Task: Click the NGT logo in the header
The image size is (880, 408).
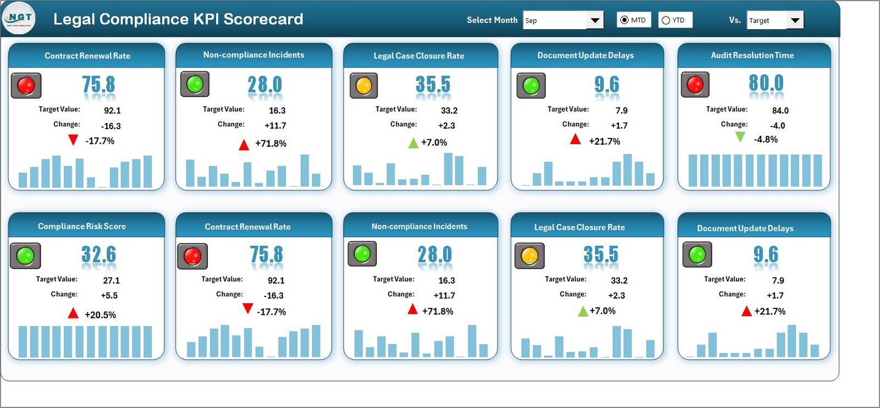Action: pyautogui.click(x=19, y=18)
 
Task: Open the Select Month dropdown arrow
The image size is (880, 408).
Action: pyautogui.click(x=595, y=20)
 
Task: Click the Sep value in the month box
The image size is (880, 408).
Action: pyautogui.click(x=531, y=21)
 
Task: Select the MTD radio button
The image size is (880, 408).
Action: pyautogui.click(x=624, y=20)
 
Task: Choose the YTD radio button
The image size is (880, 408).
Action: pyautogui.click(x=666, y=20)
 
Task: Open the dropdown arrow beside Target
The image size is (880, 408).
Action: pyautogui.click(x=795, y=20)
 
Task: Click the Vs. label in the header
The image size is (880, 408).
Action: pyautogui.click(x=734, y=20)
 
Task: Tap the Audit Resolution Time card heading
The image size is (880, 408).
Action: pyautogui.click(x=752, y=56)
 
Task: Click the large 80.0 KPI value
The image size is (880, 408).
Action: pyautogui.click(x=766, y=84)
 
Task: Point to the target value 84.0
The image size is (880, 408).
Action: pyautogui.click(x=780, y=111)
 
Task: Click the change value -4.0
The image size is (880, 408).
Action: pyautogui.click(x=777, y=125)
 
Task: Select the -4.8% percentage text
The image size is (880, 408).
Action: pyautogui.click(x=766, y=140)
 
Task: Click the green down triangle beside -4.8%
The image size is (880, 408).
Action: pyautogui.click(x=740, y=137)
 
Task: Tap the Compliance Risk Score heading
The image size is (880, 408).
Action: pyautogui.click(x=81, y=227)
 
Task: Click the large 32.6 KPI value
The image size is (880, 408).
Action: pyautogui.click(x=98, y=255)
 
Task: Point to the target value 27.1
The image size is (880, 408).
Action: pyautogui.click(x=111, y=280)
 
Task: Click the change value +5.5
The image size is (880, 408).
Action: pyautogui.click(x=109, y=295)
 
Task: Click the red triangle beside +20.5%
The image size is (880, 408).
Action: pyautogui.click(x=73, y=313)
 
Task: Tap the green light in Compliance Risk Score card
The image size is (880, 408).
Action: pyautogui.click(x=25, y=256)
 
